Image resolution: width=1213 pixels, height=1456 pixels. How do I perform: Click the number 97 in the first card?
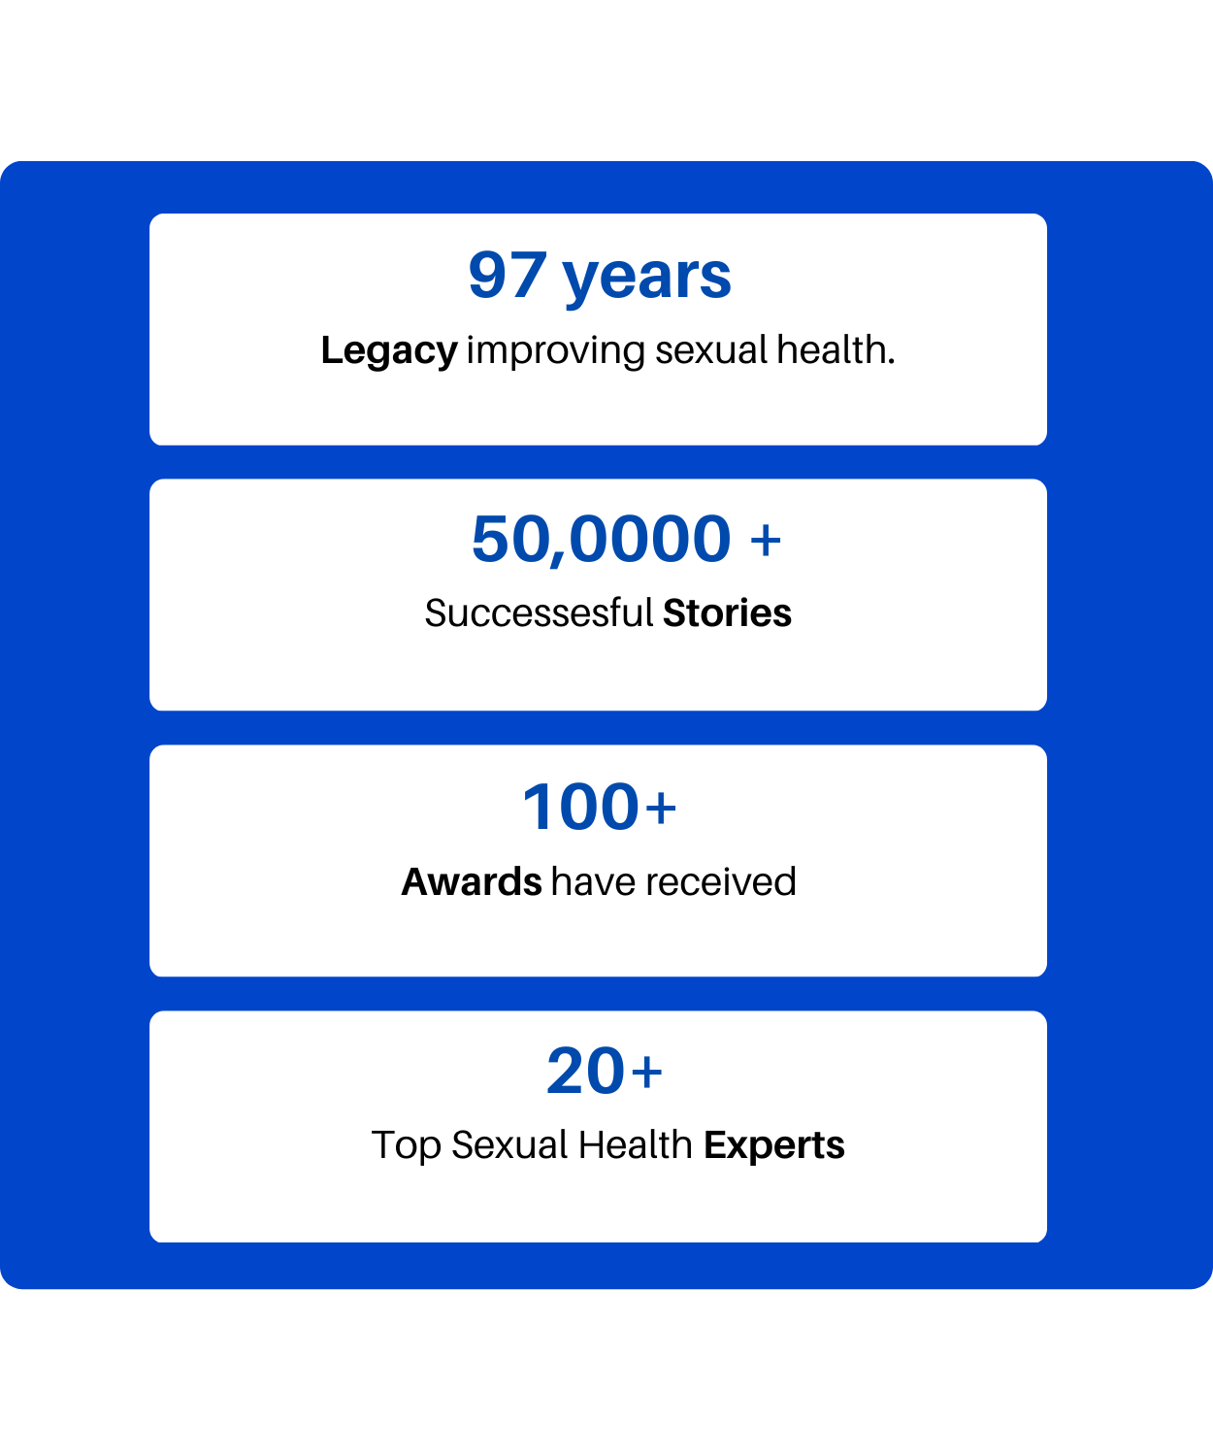(508, 276)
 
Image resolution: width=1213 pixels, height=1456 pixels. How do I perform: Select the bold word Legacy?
(389, 351)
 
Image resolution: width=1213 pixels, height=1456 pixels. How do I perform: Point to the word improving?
(556, 351)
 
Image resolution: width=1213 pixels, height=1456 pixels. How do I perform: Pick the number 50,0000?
(601, 541)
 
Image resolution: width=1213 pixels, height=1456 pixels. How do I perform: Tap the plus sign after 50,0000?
(766, 541)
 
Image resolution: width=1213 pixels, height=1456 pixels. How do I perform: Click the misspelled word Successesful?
(539, 612)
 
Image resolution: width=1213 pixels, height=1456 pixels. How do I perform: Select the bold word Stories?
(727, 612)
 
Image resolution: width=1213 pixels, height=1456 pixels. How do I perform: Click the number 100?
(580, 807)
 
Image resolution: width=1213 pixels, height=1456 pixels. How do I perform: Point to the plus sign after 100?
(661, 809)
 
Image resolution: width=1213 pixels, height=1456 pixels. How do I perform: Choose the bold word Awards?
(472, 881)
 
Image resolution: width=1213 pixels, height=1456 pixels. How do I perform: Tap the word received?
(721, 881)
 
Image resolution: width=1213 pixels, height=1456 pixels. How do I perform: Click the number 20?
(585, 1071)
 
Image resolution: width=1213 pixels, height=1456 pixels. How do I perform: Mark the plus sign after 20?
(647, 1072)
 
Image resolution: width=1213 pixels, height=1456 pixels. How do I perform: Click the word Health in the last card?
(635, 1145)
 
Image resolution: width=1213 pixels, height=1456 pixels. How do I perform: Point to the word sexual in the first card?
(711, 349)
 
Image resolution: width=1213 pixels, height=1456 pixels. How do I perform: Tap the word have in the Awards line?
(594, 881)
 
